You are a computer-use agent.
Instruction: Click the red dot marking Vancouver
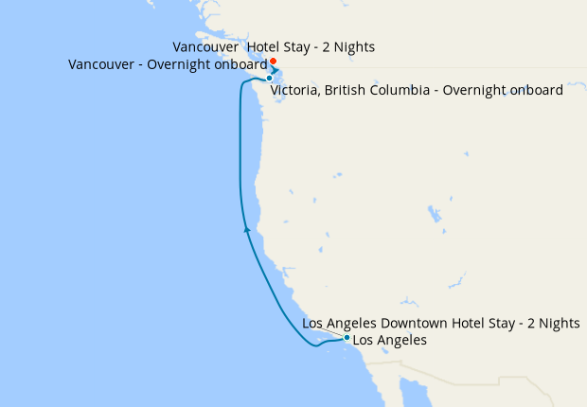click(273, 62)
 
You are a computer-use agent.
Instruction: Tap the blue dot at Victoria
click(270, 78)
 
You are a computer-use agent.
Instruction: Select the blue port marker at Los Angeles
click(347, 338)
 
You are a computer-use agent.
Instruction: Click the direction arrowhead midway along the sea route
click(247, 228)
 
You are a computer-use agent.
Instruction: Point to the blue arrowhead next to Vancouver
click(275, 70)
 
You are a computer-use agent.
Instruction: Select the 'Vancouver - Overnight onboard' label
click(169, 64)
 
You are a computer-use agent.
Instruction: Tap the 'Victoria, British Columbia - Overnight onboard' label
click(417, 91)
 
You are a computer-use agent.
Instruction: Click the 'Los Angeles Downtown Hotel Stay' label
click(440, 324)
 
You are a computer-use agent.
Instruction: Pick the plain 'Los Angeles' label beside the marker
click(389, 340)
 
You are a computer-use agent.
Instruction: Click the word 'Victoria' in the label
click(296, 91)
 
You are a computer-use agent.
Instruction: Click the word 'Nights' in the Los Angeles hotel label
click(559, 324)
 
